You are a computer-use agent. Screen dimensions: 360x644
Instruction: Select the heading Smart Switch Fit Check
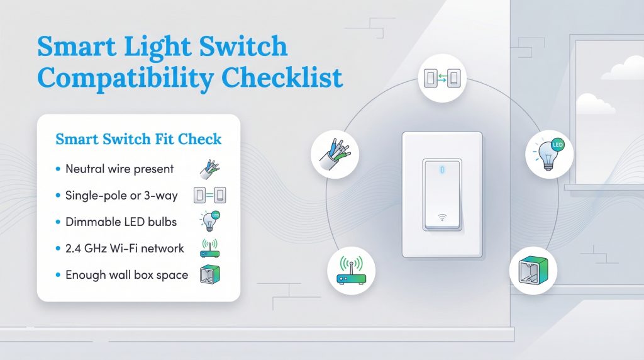[x=138, y=139]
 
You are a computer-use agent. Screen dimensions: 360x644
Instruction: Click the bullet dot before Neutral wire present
[x=58, y=169]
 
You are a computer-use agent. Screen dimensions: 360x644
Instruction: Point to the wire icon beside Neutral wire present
[x=208, y=169]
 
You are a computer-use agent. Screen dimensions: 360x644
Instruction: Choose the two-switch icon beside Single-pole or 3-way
[x=210, y=196]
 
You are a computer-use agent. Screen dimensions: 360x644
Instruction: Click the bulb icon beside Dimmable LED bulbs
[x=210, y=221]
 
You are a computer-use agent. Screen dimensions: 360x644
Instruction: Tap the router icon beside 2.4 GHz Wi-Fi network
[x=209, y=248]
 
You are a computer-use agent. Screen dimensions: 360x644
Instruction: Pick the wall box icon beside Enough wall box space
[x=209, y=275]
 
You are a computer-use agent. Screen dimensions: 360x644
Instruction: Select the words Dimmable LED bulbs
[x=121, y=222]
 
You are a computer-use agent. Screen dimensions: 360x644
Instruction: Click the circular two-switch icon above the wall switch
[x=442, y=79]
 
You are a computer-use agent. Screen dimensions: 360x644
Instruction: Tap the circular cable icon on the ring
[x=335, y=155]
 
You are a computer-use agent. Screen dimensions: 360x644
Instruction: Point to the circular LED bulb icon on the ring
[x=549, y=155]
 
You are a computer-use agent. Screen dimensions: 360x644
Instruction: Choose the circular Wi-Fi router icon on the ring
[x=352, y=271]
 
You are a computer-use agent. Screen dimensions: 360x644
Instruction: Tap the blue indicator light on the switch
[x=442, y=169]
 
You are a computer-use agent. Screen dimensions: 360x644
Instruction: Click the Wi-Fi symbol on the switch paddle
[x=442, y=218]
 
